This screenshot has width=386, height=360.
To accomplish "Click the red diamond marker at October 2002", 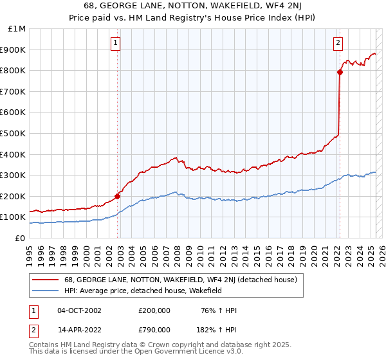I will (118, 196).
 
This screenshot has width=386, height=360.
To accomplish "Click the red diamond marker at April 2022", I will (340, 73).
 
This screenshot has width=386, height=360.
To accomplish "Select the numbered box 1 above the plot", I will (116, 44).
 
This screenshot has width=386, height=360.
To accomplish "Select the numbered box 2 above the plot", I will (338, 44).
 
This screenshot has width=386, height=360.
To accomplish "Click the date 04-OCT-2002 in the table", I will (79, 310).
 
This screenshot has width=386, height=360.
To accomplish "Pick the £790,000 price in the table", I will (154, 329).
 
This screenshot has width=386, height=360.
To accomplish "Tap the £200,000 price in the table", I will (154, 310).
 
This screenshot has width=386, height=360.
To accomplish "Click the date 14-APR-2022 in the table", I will (79, 329).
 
